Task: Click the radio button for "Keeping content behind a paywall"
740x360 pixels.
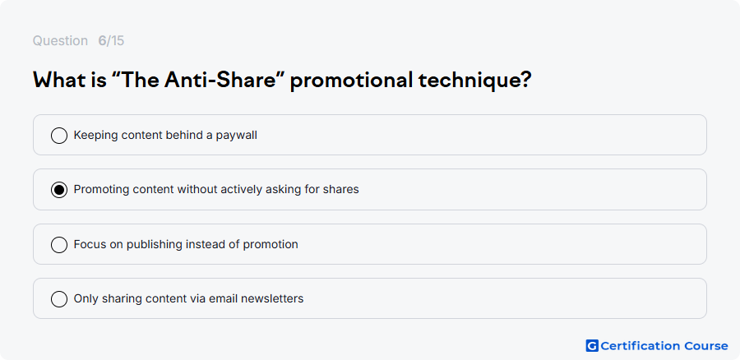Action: coord(59,136)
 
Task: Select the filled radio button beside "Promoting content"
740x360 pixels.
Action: coord(59,190)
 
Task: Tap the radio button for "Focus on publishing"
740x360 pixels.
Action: coord(59,245)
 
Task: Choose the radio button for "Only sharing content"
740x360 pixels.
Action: coord(59,299)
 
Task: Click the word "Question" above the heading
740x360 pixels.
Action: coord(60,41)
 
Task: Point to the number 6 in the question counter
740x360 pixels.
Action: coord(102,41)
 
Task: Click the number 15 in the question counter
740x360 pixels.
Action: coord(118,41)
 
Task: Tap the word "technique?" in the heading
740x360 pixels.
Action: coord(474,81)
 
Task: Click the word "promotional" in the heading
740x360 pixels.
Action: coord(351,81)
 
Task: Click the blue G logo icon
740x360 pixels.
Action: coord(592,346)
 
